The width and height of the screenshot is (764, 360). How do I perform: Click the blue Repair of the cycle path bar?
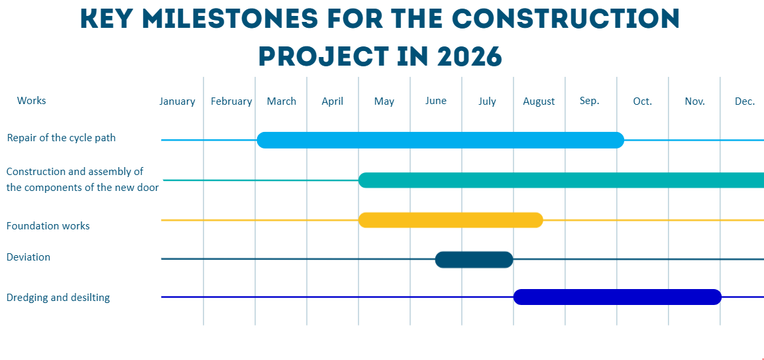click(441, 140)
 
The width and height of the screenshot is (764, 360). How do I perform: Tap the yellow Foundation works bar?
click(451, 220)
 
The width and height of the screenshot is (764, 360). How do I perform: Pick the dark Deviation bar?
click(474, 259)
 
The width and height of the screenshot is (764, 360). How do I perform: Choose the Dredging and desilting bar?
click(617, 297)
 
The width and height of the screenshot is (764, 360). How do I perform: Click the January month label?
click(177, 101)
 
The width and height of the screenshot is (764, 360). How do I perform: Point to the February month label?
click(231, 101)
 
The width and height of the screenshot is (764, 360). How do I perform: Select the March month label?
click(282, 101)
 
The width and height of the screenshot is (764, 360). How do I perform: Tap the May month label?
click(384, 101)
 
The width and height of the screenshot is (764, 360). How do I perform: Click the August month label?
click(539, 101)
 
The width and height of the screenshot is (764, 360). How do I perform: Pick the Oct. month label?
click(642, 101)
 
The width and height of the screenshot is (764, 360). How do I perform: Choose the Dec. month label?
click(745, 101)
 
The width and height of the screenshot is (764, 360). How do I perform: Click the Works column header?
click(32, 101)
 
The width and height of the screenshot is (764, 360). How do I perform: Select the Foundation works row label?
click(48, 226)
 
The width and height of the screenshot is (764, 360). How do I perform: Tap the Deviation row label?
click(28, 257)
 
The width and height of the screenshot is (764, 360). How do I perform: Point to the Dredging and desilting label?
click(58, 298)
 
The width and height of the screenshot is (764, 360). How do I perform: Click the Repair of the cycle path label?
click(61, 138)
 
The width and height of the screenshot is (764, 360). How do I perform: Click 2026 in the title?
click(469, 56)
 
